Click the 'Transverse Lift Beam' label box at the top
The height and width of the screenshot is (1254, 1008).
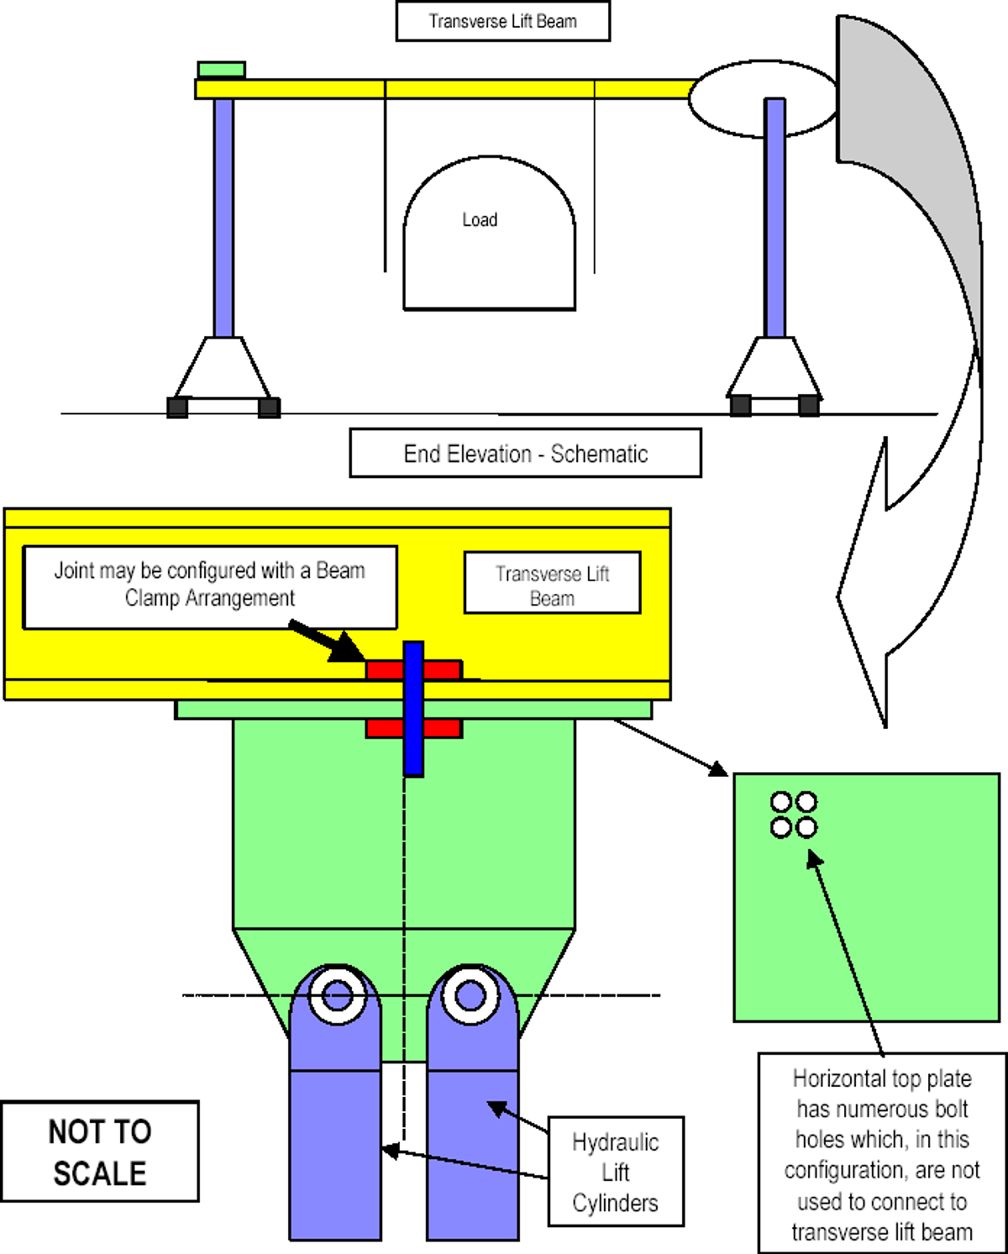coord(502,21)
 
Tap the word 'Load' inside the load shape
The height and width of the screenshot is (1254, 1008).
coord(480,220)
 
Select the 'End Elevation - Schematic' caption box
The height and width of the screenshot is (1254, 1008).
coord(525,454)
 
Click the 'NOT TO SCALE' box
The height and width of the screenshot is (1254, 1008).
coord(100,1152)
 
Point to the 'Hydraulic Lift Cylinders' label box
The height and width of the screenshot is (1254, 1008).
coord(616,1172)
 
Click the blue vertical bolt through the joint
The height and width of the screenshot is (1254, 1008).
coord(413,708)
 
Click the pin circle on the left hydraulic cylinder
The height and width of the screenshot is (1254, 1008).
coord(338,996)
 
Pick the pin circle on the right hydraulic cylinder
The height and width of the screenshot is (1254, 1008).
coord(470,996)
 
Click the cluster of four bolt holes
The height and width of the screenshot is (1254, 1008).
coord(794,815)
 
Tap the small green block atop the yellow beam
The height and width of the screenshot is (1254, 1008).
coord(222,70)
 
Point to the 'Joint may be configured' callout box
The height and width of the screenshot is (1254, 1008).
coord(210,585)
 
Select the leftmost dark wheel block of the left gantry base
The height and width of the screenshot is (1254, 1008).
coord(177,407)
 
